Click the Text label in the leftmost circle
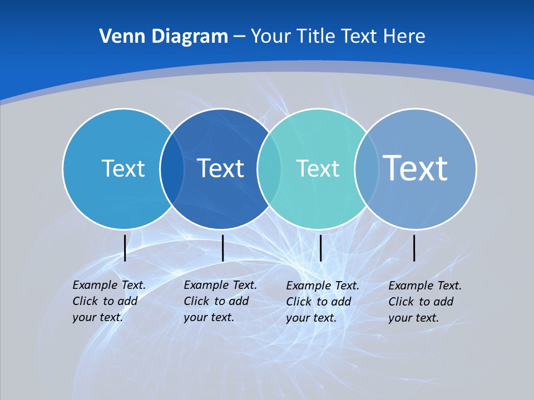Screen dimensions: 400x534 123,168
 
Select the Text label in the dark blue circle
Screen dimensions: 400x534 220,168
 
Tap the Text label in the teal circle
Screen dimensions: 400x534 318,168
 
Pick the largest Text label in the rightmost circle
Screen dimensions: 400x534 416,168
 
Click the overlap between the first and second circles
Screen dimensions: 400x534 172,169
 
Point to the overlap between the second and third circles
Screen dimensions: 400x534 269,169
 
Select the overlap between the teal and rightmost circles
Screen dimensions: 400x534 367,169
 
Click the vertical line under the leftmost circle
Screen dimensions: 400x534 125,248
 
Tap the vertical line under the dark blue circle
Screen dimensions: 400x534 222,248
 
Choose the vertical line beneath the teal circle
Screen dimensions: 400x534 321,248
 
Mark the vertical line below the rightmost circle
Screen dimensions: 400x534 414,248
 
